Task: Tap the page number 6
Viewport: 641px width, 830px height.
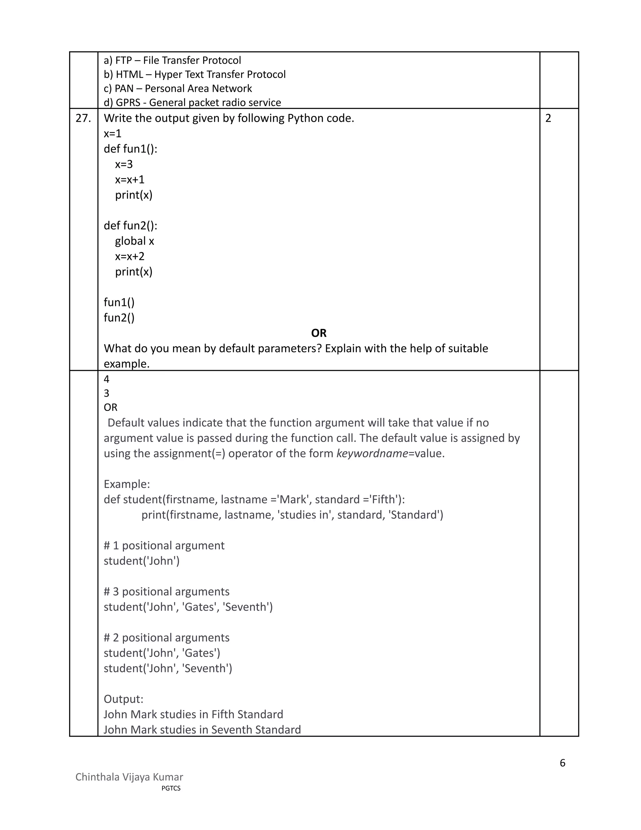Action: coord(562,763)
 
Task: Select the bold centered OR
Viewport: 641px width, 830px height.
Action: coord(319,333)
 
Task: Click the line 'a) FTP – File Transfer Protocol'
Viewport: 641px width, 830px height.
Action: coord(172,60)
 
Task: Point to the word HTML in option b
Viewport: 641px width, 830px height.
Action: coord(129,75)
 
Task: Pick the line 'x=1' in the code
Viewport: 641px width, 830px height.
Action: coord(112,133)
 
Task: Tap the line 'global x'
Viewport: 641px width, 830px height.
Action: coord(134,241)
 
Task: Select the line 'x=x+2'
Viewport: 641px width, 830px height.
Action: coord(130,256)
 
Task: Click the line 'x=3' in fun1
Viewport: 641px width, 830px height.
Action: coord(124,164)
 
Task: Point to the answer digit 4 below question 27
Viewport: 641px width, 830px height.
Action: coord(106,379)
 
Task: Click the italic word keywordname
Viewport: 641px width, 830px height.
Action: coord(372,454)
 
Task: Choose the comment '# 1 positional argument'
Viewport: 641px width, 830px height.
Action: coord(164,545)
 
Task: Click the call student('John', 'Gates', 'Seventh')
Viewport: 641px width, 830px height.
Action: coord(188,607)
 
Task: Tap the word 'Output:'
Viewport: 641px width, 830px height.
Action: coord(123,699)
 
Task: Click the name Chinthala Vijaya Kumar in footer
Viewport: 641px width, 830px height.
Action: coord(129,777)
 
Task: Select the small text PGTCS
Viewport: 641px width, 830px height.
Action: coord(171,788)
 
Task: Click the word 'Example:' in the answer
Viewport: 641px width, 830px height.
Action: coord(127,484)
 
